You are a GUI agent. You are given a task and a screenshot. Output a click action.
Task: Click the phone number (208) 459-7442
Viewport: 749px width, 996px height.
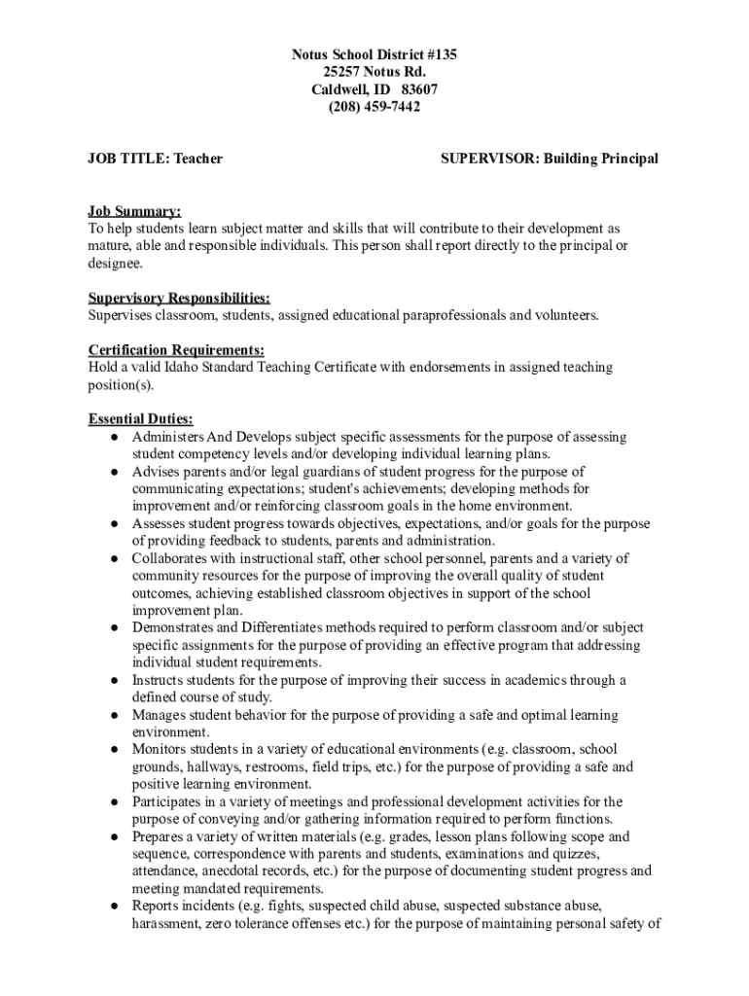pyautogui.click(x=374, y=107)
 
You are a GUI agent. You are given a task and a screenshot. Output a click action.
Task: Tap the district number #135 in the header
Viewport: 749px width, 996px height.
pyautogui.click(x=436, y=54)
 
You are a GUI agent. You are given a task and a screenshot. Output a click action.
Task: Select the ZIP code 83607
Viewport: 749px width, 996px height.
pyautogui.click(x=419, y=89)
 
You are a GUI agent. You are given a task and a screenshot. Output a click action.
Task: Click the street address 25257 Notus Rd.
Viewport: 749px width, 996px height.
pyautogui.click(x=374, y=72)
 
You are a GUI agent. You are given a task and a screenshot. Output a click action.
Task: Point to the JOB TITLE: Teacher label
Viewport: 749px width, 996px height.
pyautogui.click(x=156, y=159)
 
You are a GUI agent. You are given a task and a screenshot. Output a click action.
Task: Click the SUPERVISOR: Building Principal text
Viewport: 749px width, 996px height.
pyautogui.click(x=550, y=159)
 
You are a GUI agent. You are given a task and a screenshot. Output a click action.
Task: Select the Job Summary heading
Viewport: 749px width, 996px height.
pyautogui.click(x=134, y=211)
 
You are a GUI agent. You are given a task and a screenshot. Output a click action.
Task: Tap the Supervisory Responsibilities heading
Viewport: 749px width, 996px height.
pyautogui.click(x=179, y=298)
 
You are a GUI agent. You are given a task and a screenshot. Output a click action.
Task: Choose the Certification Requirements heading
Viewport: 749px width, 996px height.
pyautogui.click(x=176, y=350)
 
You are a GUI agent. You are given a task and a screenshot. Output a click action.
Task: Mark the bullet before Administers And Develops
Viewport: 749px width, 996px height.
pyautogui.click(x=114, y=438)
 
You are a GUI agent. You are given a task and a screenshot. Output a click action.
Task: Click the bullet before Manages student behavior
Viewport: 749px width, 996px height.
pyautogui.click(x=114, y=716)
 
